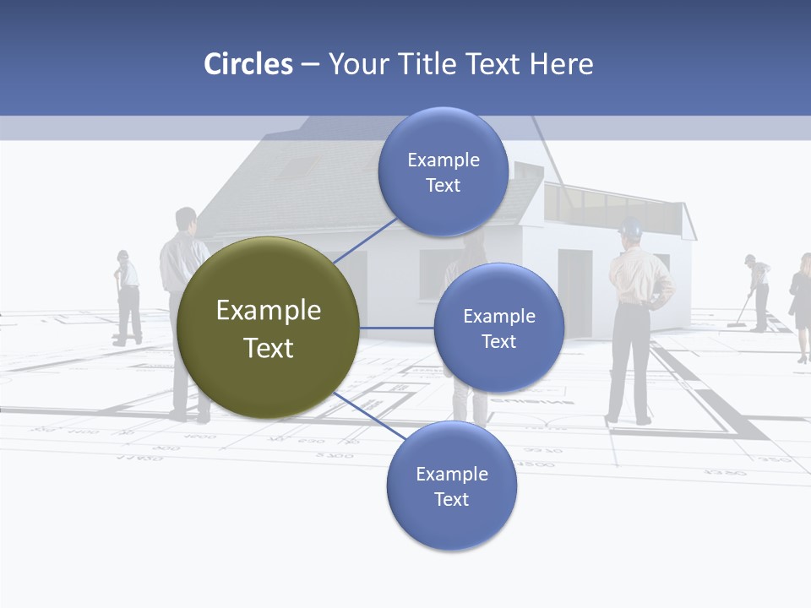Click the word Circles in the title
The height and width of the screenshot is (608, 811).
pyautogui.click(x=248, y=64)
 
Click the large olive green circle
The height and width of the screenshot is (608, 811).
pyautogui.click(x=269, y=328)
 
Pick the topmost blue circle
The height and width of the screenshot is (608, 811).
pyautogui.click(x=443, y=172)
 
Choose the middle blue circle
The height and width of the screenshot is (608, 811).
pyautogui.click(x=498, y=328)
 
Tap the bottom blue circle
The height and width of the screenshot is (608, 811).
pyautogui.click(x=451, y=486)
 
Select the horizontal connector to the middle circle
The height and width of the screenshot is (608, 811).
pyautogui.click(x=396, y=328)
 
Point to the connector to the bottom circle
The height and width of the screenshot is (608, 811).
pyautogui.click(x=368, y=415)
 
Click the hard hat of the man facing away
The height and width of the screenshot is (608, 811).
pyautogui.click(x=631, y=226)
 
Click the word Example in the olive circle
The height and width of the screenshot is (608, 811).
pyautogui.click(x=269, y=311)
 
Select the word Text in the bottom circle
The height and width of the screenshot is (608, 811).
pyautogui.click(x=451, y=499)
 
